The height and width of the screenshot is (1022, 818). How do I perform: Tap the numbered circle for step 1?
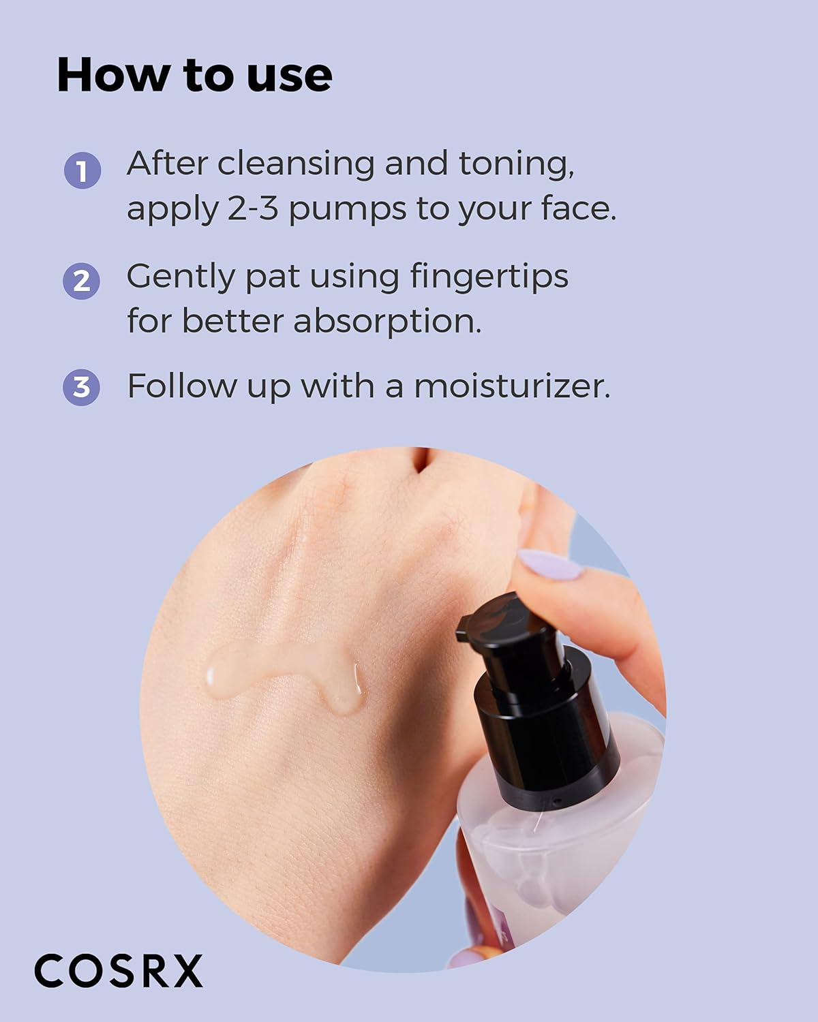[82, 170]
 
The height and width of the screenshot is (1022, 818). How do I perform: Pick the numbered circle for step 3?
[82, 387]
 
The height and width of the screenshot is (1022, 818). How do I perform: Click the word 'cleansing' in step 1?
[297, 165]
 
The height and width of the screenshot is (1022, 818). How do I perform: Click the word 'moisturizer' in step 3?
[511, 386]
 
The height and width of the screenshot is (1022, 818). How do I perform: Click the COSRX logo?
[119, 970]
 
